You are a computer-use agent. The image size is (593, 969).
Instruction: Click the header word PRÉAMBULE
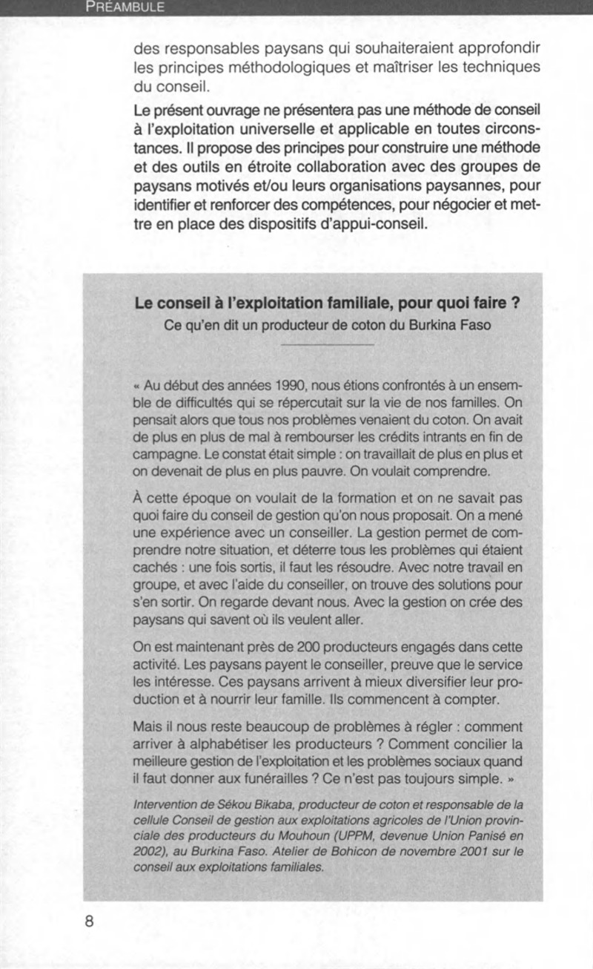(125, 8)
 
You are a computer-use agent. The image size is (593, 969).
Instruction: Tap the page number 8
(89, 922)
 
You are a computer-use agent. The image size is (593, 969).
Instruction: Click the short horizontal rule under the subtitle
(328, 344)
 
